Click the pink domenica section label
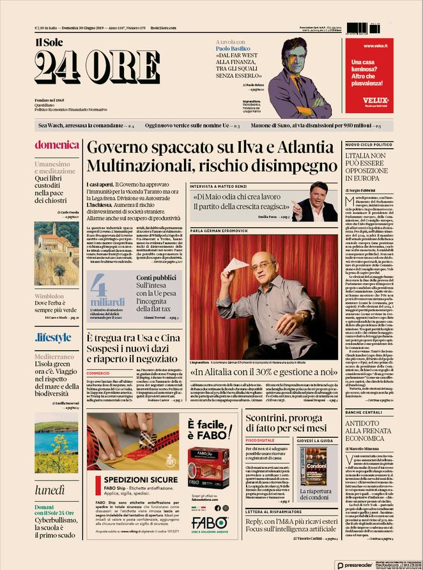[x=56, y=144]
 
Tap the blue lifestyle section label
[x=54, y=337]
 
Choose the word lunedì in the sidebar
[x=50, y=490]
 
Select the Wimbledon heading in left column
[x=49, y=297]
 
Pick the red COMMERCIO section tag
[x=98, y=373]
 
